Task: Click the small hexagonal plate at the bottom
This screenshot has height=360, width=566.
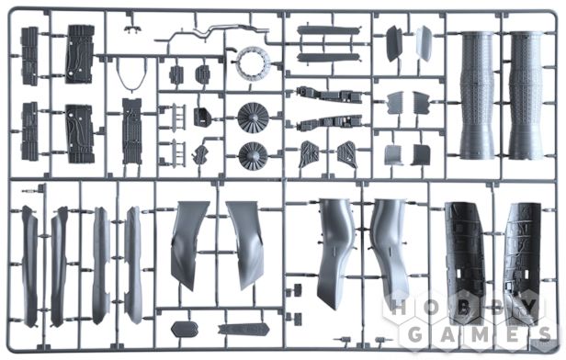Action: [x=180, y=327]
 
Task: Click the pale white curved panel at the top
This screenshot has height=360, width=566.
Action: [x=424, y=42]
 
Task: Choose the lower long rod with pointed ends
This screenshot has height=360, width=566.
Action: [x=328, y=57]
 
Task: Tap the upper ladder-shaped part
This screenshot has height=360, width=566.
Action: [x=174, y=115]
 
